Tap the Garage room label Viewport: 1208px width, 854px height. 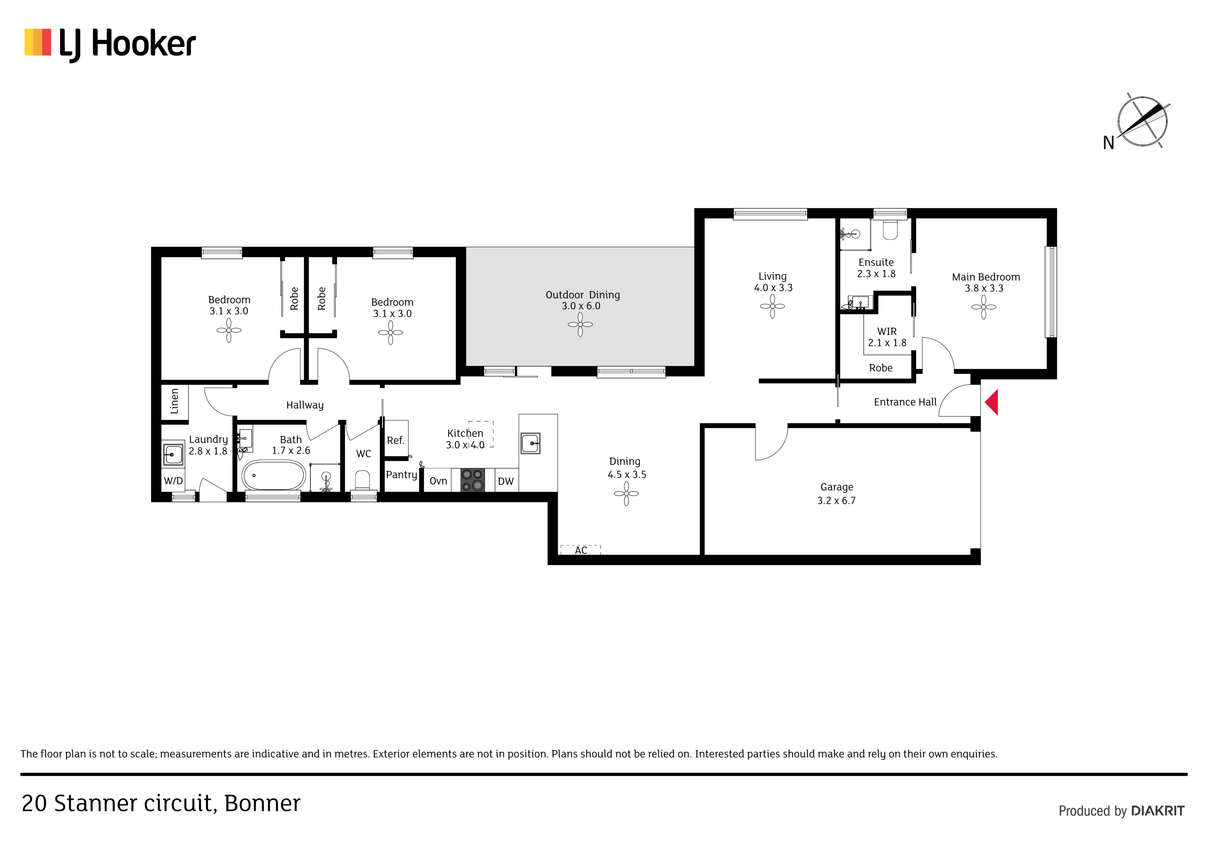(836, 487)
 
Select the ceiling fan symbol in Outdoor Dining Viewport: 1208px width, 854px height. (580, 325)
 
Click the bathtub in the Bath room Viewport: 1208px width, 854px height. (273, 476)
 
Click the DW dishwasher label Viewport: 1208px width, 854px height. (506, 481)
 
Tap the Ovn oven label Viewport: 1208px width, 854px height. (438, 481)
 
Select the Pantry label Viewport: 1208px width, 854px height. (402, 475)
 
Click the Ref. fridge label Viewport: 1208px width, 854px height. (395, 440)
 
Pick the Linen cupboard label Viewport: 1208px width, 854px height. (175, 401)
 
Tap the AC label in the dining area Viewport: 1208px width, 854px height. (581, 550)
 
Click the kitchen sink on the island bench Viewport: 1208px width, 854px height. (530, 443)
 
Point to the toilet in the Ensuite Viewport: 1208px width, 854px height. (890, 229)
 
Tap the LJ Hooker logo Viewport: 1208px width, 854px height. (110, 45)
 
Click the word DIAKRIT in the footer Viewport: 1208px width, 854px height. (1157, 811)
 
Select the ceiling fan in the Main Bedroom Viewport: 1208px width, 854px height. (983, 307)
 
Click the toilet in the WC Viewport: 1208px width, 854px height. (363, 480)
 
